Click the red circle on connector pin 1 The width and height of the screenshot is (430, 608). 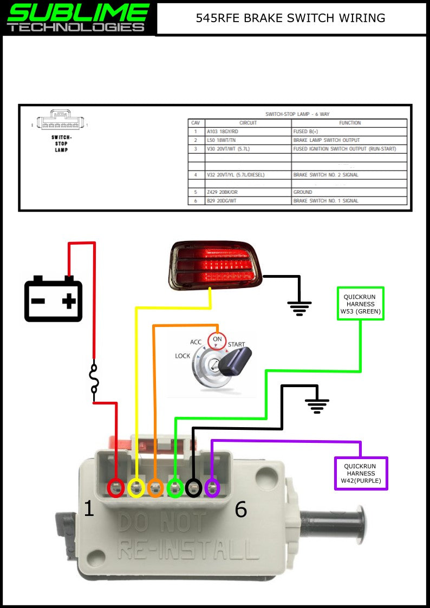(116, 488)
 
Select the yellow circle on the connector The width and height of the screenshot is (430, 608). (136, 488)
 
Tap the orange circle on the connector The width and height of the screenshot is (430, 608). (155, 488)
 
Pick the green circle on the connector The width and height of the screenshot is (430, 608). (175, 488)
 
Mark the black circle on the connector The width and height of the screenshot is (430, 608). (193, 488)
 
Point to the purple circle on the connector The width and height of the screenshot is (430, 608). (212, 488)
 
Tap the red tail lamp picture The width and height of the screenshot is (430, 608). (216, 265)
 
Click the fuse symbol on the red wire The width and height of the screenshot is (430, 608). (95, 378)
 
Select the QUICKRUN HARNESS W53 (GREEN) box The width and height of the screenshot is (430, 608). (361, 303)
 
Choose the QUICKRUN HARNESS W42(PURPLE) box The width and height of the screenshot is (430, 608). (361, 474)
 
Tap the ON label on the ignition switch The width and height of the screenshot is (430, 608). (217, 339)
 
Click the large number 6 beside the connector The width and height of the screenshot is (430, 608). (240, 509)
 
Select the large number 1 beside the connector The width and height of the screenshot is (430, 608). (89, 508)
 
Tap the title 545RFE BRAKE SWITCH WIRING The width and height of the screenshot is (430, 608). (290, 18)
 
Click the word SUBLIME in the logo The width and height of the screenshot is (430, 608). (78, 11)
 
